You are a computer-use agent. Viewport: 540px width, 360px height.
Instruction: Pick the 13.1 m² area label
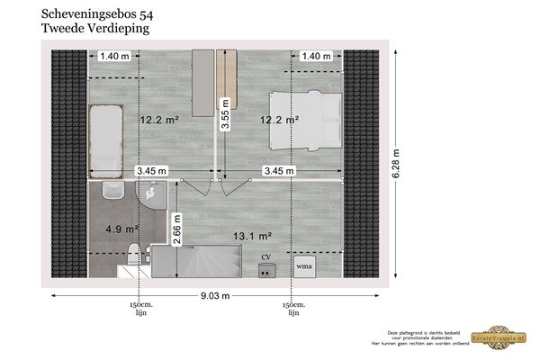pos(252,237)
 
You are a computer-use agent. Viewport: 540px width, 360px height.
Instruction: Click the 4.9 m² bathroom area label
pos(121,229)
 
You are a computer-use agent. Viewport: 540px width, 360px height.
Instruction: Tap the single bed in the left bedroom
pos(105,139)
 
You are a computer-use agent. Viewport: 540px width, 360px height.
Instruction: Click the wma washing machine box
pos(303,266)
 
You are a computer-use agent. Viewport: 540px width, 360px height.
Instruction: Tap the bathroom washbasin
pos(112,191)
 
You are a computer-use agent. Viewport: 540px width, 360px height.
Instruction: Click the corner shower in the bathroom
pos(150,193)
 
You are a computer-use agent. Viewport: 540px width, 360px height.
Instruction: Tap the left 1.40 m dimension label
pos(114,56)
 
